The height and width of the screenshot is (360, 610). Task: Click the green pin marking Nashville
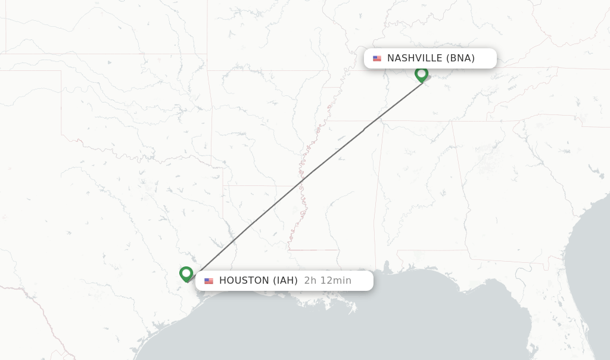421,74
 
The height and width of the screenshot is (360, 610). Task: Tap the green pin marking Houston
186,274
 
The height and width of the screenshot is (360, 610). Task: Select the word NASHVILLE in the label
415,58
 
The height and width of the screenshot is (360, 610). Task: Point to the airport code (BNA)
460,58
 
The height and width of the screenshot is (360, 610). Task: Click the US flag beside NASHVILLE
377,58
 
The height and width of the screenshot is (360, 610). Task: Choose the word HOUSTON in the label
244,281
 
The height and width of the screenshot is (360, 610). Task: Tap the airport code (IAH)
285,281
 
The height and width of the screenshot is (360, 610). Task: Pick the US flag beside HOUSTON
208,281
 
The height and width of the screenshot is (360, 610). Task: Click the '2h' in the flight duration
310,281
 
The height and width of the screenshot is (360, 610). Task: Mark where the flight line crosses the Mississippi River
308,174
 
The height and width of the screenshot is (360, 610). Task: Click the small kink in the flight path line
365,128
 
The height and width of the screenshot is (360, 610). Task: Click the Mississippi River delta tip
354,310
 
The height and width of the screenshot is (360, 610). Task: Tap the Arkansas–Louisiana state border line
256,185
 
